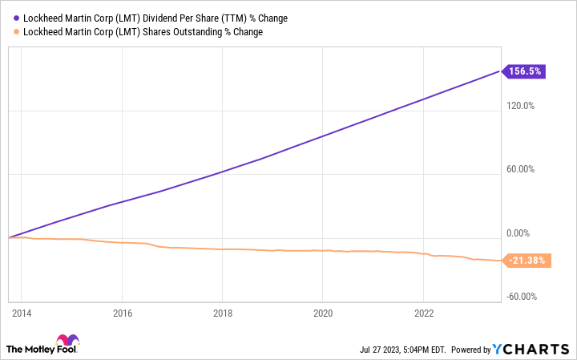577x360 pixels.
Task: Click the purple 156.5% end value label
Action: coord(525,71)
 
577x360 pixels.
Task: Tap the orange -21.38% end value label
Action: coord(527,260)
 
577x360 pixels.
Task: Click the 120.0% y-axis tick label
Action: coord(523,106)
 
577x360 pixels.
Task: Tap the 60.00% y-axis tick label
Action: coord(523,169)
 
